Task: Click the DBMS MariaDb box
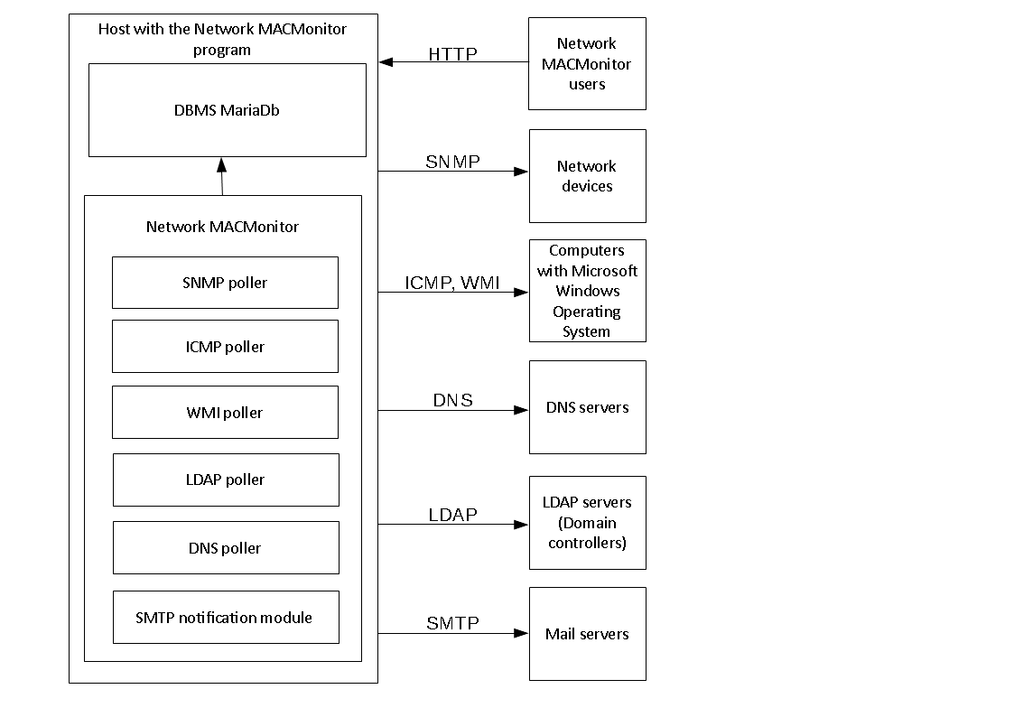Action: click(227, 110)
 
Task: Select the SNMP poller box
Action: click(225, 283)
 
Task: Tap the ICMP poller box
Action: click(225, 347)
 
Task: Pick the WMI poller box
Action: click(225, 413)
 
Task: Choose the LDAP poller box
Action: click(225, 480)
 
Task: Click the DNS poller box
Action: click(225, 548)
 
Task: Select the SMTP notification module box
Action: click(225, 618)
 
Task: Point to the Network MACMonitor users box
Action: click(587, 63)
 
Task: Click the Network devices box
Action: click(587, 176)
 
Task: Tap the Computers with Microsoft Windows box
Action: click(587, 291)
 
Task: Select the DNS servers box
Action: click(587, 407)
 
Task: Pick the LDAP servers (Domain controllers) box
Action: click(587, 523)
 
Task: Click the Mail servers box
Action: click(587, 634)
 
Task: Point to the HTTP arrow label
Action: click(452, 53)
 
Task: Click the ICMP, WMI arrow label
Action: click(451, 283)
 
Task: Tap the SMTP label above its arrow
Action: click(452, 623)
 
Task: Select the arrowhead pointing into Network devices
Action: click(522, 171)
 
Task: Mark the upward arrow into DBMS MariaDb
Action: click(221, 175)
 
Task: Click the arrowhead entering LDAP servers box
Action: click(522, 524)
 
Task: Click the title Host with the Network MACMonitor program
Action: click(222, 39)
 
